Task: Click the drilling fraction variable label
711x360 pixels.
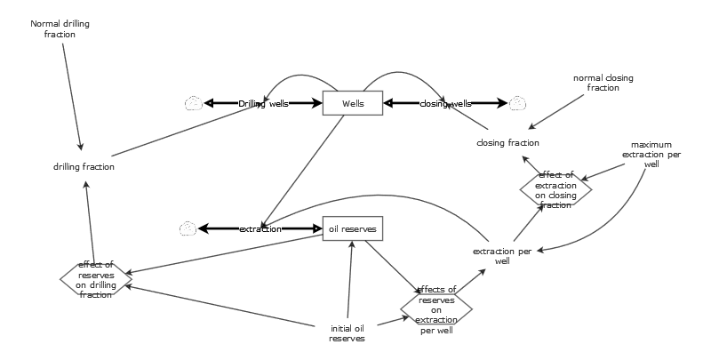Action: (84, 166)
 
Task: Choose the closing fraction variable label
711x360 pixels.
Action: (507, 142)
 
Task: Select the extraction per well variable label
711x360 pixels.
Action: (502, 256)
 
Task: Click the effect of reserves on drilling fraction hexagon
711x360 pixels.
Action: (95, 277)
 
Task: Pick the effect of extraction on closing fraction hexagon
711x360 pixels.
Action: (555, 188)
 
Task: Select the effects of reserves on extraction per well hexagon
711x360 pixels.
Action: (435, 309)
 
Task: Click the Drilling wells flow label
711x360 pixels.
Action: (263, 103)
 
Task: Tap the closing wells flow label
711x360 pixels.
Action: (445, 103)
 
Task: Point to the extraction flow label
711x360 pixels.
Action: (260, 228)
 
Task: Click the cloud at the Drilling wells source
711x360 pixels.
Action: (194, 103)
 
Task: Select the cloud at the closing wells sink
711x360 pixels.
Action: (517, 103)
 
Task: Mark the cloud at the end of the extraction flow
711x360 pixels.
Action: (188, 228)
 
